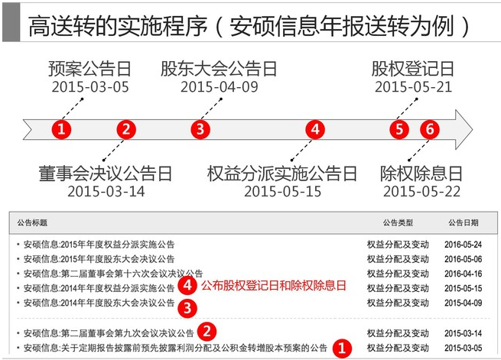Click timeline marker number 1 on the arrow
pos(61,130)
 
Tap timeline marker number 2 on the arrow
pos(126,130)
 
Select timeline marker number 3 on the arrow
pos(200,130)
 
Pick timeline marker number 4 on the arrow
pos(315,130)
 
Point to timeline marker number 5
pos(399,130)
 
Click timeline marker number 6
pos(430,130)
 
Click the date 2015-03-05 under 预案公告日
pos(90,87)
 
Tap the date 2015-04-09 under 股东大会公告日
pos(220,87)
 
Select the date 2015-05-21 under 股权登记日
pos(414,87)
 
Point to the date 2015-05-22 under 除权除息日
pos(421,192)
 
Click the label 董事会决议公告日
pos(106,174)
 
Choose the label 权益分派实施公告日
pos(281,174)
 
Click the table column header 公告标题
pos(32,222)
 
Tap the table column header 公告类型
pos(398,222)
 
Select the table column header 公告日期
pos(464,222)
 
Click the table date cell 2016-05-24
pos(463,245)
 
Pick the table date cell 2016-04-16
pos(463,274)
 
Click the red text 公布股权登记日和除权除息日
pos(274,285)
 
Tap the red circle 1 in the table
pos(342,348)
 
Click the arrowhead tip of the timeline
pos(473,130)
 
